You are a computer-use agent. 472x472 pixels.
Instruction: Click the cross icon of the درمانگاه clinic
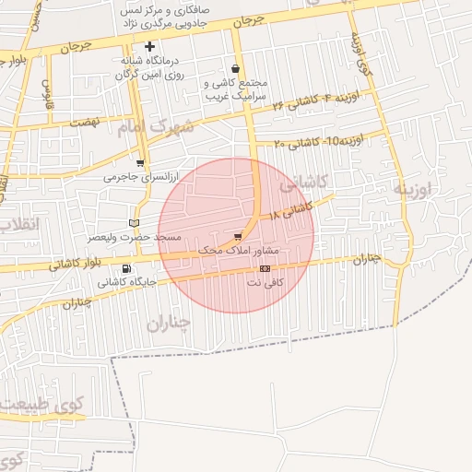tap(149, 46)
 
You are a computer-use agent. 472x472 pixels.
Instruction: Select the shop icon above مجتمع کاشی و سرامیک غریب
tap(237, 68)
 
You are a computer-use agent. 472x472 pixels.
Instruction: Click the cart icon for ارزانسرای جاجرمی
tap(140, 163)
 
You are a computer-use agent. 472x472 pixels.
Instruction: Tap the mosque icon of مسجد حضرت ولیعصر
tap(136, 222)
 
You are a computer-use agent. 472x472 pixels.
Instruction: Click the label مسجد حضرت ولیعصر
tap(134, 237)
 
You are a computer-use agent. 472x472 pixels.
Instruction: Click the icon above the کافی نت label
tap(265, 268)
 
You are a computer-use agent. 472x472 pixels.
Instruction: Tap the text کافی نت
tap(265, 282)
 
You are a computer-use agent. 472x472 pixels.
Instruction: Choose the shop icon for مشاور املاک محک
tap(240, 236)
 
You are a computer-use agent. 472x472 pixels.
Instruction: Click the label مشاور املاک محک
tap(244, 250)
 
